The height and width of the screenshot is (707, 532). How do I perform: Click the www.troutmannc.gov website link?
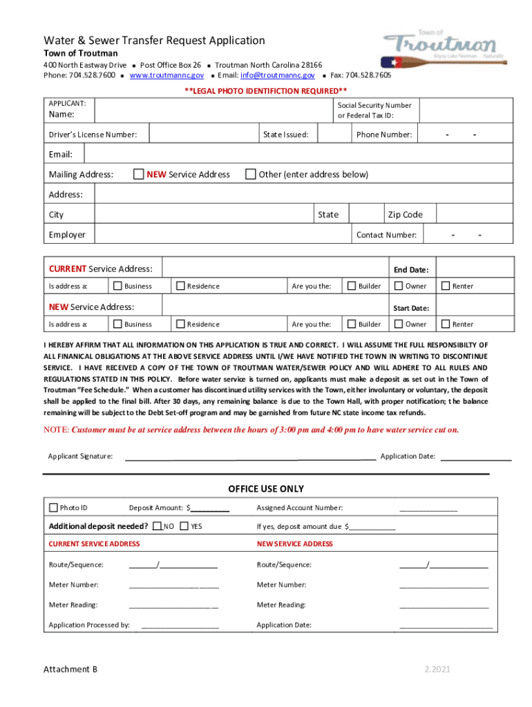167,75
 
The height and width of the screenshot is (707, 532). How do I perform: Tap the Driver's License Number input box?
203,134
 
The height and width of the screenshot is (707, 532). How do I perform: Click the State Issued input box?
335,134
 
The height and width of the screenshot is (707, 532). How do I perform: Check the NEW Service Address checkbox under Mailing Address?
138,174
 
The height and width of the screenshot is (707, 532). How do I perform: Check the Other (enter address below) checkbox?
251,174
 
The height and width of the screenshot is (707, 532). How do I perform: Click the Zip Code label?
405,215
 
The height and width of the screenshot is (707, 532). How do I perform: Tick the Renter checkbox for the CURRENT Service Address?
446,286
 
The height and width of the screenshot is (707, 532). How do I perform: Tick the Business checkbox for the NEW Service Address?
117,324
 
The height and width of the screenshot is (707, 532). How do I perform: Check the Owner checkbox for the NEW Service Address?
399,324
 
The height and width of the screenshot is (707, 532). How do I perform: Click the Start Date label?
410,308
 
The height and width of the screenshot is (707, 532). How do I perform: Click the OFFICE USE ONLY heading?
266,489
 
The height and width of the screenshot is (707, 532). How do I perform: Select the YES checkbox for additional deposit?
184,526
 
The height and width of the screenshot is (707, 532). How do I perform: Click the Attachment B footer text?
70,669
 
